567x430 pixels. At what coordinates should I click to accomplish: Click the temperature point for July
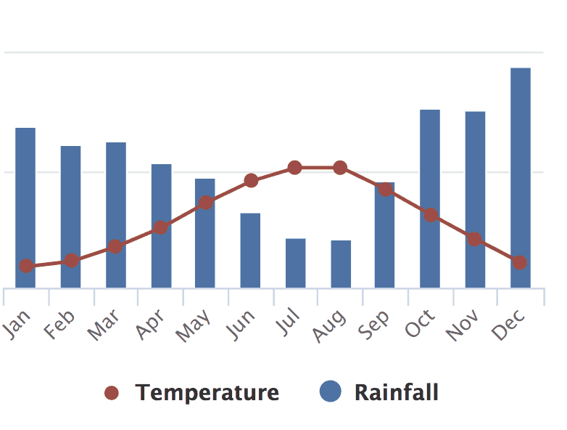295,168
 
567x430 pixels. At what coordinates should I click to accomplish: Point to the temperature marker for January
26,266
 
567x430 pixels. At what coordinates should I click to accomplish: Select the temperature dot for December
519,262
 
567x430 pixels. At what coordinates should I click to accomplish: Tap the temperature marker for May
206,202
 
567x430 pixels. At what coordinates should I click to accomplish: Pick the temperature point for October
431,215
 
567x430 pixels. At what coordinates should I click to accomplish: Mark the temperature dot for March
115,246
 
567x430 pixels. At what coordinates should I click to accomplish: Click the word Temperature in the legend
207,393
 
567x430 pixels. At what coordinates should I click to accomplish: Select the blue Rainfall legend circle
330,392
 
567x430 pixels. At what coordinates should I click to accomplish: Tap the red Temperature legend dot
112,393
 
